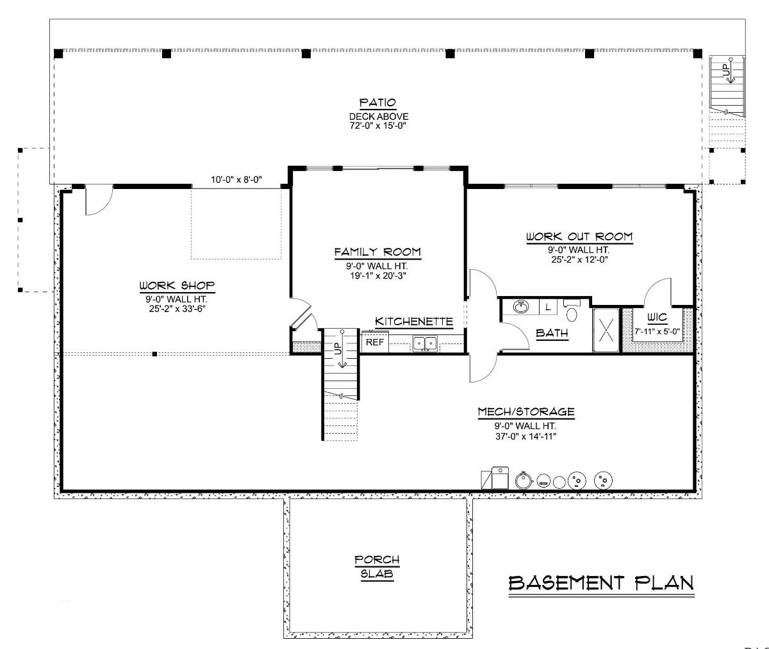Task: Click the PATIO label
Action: point(378,103)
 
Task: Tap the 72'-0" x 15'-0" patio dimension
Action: point(378,126)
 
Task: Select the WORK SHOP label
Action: point(177,285)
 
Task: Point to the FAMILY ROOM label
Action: point(377,252)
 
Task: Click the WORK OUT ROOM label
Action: point(579,237)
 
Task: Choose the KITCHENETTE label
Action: point(414,322)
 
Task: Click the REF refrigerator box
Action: point(375,342)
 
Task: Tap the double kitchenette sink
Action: point(424,343)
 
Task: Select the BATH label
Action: point(552,333)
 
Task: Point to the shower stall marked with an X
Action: point(606,330)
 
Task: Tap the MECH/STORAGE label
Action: point(526,412)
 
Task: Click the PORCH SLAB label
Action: point(377,567)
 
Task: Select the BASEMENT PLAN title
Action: point(601,582)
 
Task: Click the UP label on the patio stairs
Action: point(726,70)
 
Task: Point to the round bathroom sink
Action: point(522,307)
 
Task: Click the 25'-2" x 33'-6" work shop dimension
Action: point(177,308)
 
